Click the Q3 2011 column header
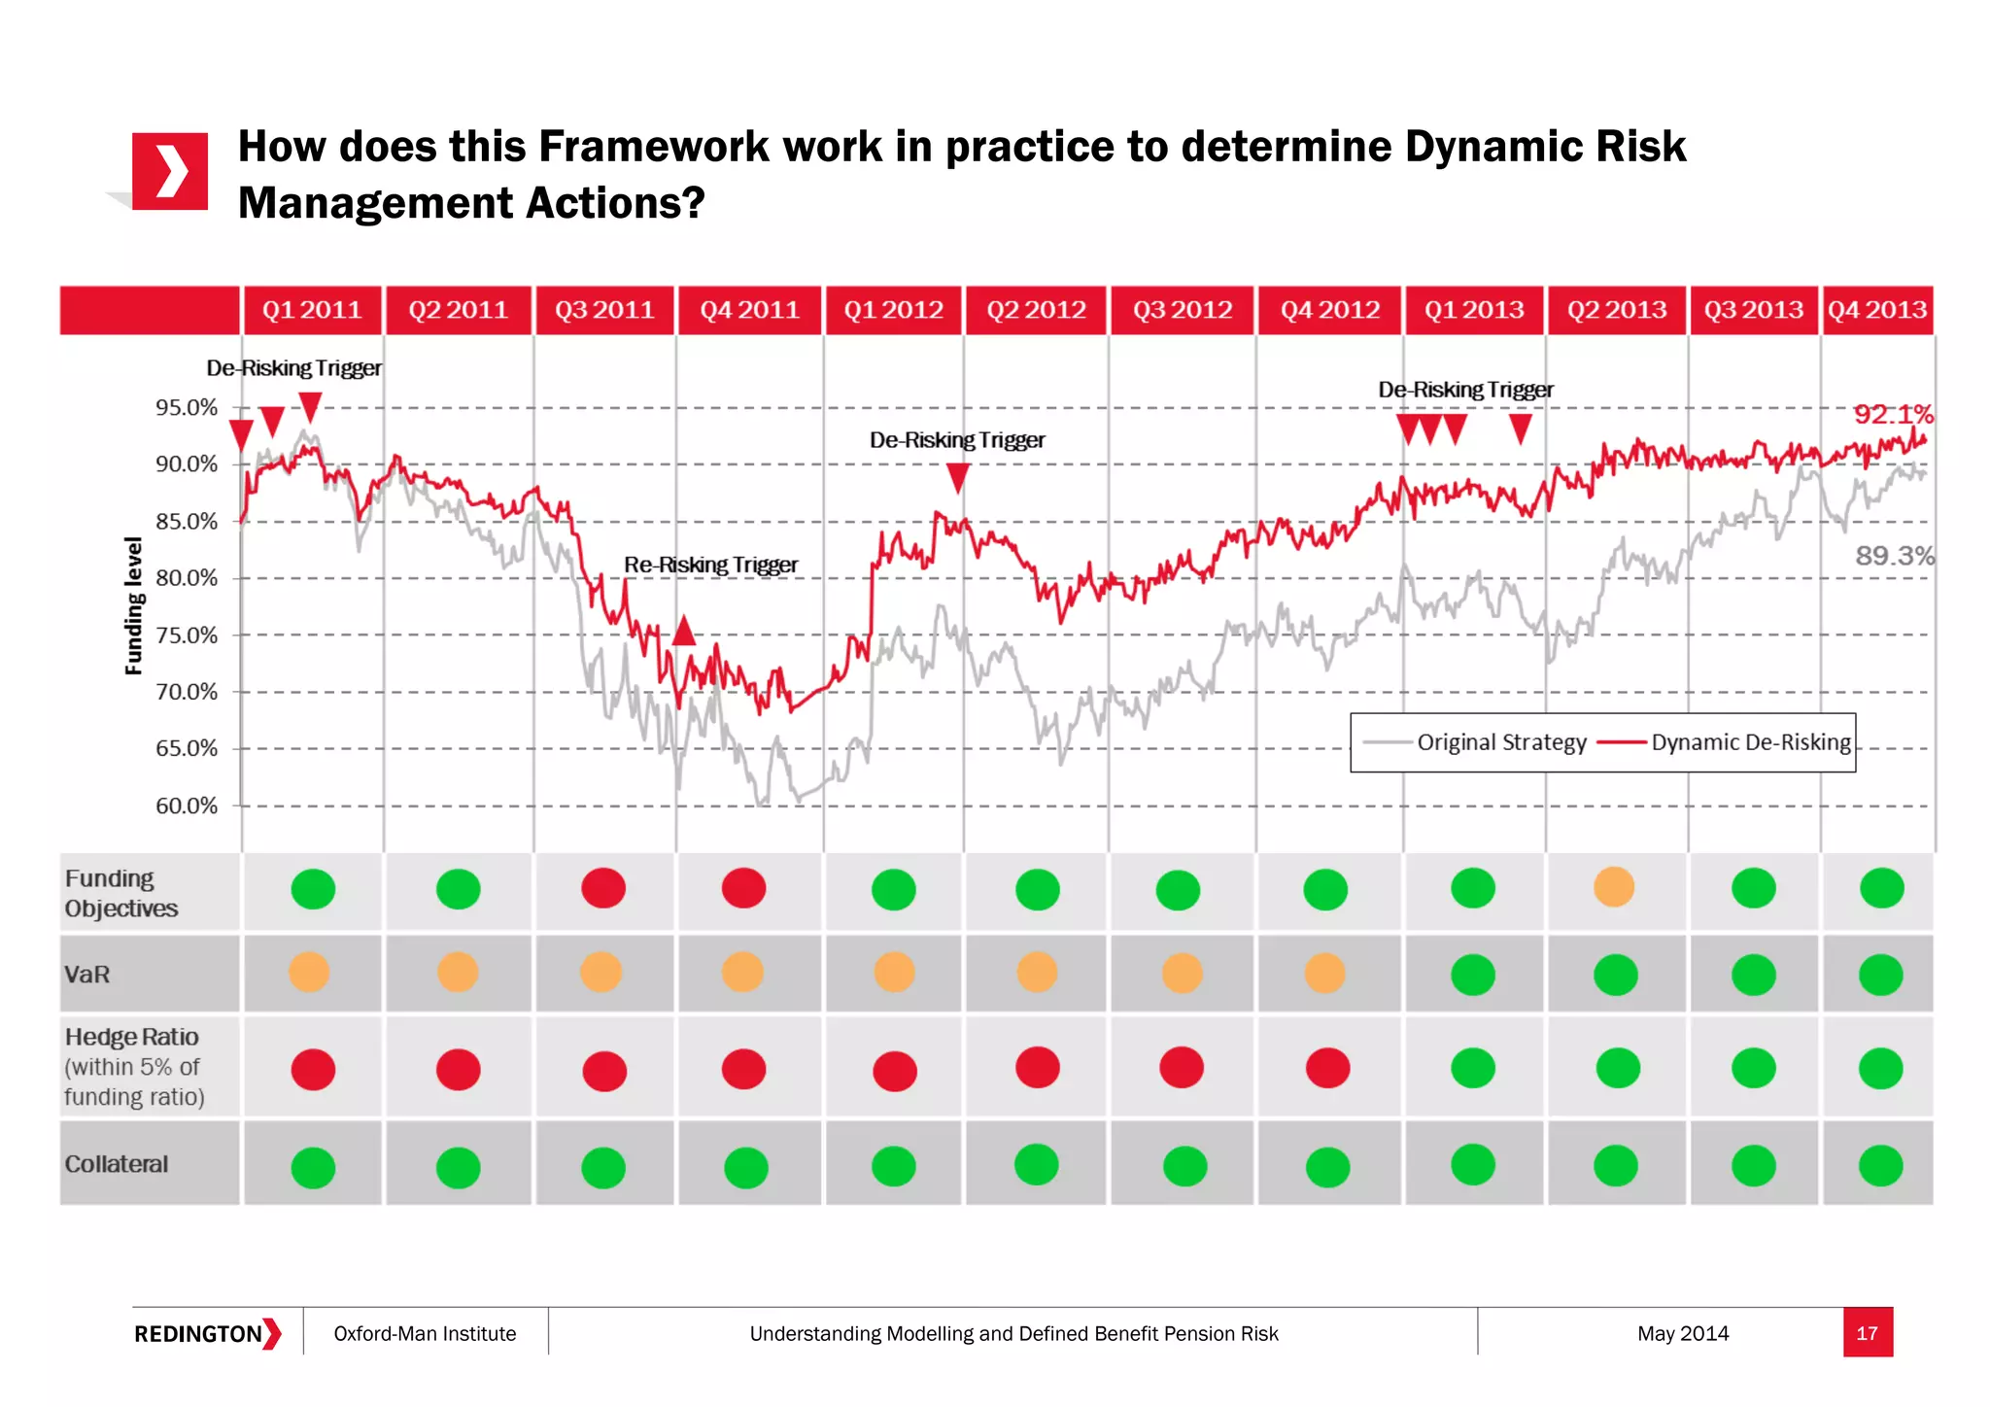(603, 310)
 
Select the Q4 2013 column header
(1876, 310)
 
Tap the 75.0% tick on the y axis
(187, 635)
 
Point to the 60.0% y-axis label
(187, 806)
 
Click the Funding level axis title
(134, 605)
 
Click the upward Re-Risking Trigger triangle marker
(684, 631)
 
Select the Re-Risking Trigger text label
(710, 565)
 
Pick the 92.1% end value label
(1893, 415)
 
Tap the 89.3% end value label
(1894, 556)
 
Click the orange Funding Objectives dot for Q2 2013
(1614, 886)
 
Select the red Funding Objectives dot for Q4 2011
(744, 887)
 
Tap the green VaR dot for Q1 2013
(1473, 975)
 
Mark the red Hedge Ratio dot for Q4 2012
(1327, 1068)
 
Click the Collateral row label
(116, 1164)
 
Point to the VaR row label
(86, 975)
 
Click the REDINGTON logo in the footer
(207, 1333)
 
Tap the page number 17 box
(1867, 1333)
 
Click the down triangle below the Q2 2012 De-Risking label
(958, 477)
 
